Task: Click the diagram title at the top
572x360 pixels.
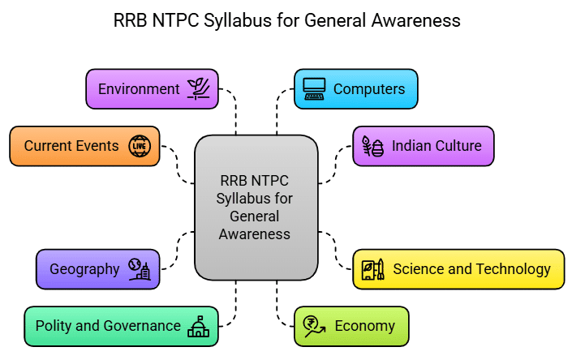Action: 286,21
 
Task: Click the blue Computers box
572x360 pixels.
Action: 355,89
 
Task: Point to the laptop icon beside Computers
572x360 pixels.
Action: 315,89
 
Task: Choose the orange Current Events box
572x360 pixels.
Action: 84,146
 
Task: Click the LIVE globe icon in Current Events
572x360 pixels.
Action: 140,146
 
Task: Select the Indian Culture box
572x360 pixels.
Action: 423,146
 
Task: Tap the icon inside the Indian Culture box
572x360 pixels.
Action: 372,147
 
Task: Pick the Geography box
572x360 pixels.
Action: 97,269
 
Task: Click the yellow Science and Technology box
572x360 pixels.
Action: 458,269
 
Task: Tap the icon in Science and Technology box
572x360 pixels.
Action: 373,269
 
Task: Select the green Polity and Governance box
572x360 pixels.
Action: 121,326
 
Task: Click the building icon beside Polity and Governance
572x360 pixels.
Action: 197,326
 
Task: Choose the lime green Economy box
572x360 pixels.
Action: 351,326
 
